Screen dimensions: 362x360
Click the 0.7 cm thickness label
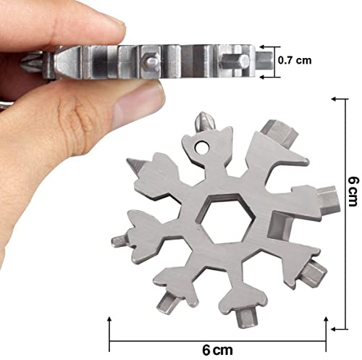[295, 60]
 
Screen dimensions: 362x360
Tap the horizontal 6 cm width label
[217, 350]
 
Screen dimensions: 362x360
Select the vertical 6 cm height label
[353, 191]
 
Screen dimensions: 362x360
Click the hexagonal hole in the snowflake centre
[226, 218]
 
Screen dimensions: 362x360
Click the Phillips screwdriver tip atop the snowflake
[205, 122]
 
